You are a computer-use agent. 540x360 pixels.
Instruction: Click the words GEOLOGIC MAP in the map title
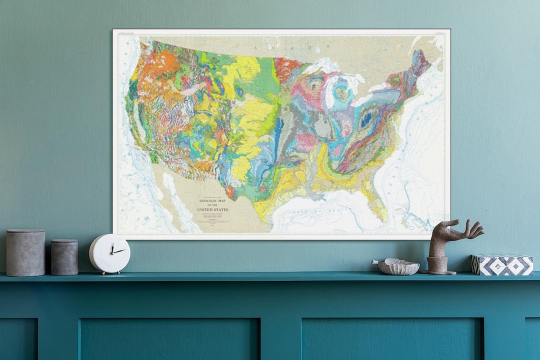(214, 201)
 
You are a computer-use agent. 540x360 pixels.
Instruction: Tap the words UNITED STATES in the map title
(214, 209)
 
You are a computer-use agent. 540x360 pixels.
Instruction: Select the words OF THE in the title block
(214, 205)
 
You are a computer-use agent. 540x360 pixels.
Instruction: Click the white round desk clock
(109, 253)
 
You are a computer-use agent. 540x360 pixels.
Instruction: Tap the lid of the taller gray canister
(25, 232)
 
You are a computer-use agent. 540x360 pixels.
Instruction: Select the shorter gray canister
(64, 257)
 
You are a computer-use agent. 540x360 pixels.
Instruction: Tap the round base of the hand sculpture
(438, 271)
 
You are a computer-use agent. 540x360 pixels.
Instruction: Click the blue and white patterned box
(502, 265)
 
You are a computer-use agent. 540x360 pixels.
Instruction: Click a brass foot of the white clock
(103, 272)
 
